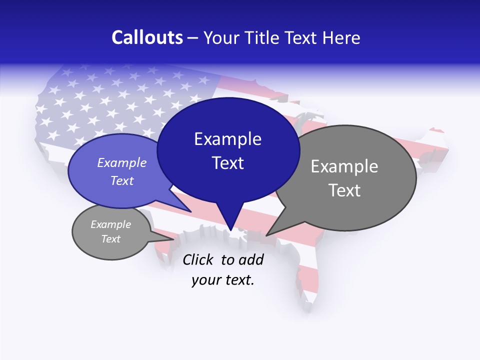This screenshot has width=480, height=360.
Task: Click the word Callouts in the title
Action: tap(147, 37)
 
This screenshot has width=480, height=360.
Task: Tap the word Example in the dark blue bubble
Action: tap(227, 139)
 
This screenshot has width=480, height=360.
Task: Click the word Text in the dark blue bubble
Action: tap(227, 163)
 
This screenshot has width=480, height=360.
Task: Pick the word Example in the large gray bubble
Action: tap(344, 166)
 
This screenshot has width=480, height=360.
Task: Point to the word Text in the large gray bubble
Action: tap(344, 190)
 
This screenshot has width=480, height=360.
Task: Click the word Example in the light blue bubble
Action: tap(122, 162)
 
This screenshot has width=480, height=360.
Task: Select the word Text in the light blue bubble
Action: tap(122, 180)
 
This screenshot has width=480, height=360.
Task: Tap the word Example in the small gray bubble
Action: tap(110, 224)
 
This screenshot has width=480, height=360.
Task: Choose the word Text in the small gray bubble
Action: tap(110, 239)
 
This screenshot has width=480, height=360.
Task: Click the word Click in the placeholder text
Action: tap(198, 259)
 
